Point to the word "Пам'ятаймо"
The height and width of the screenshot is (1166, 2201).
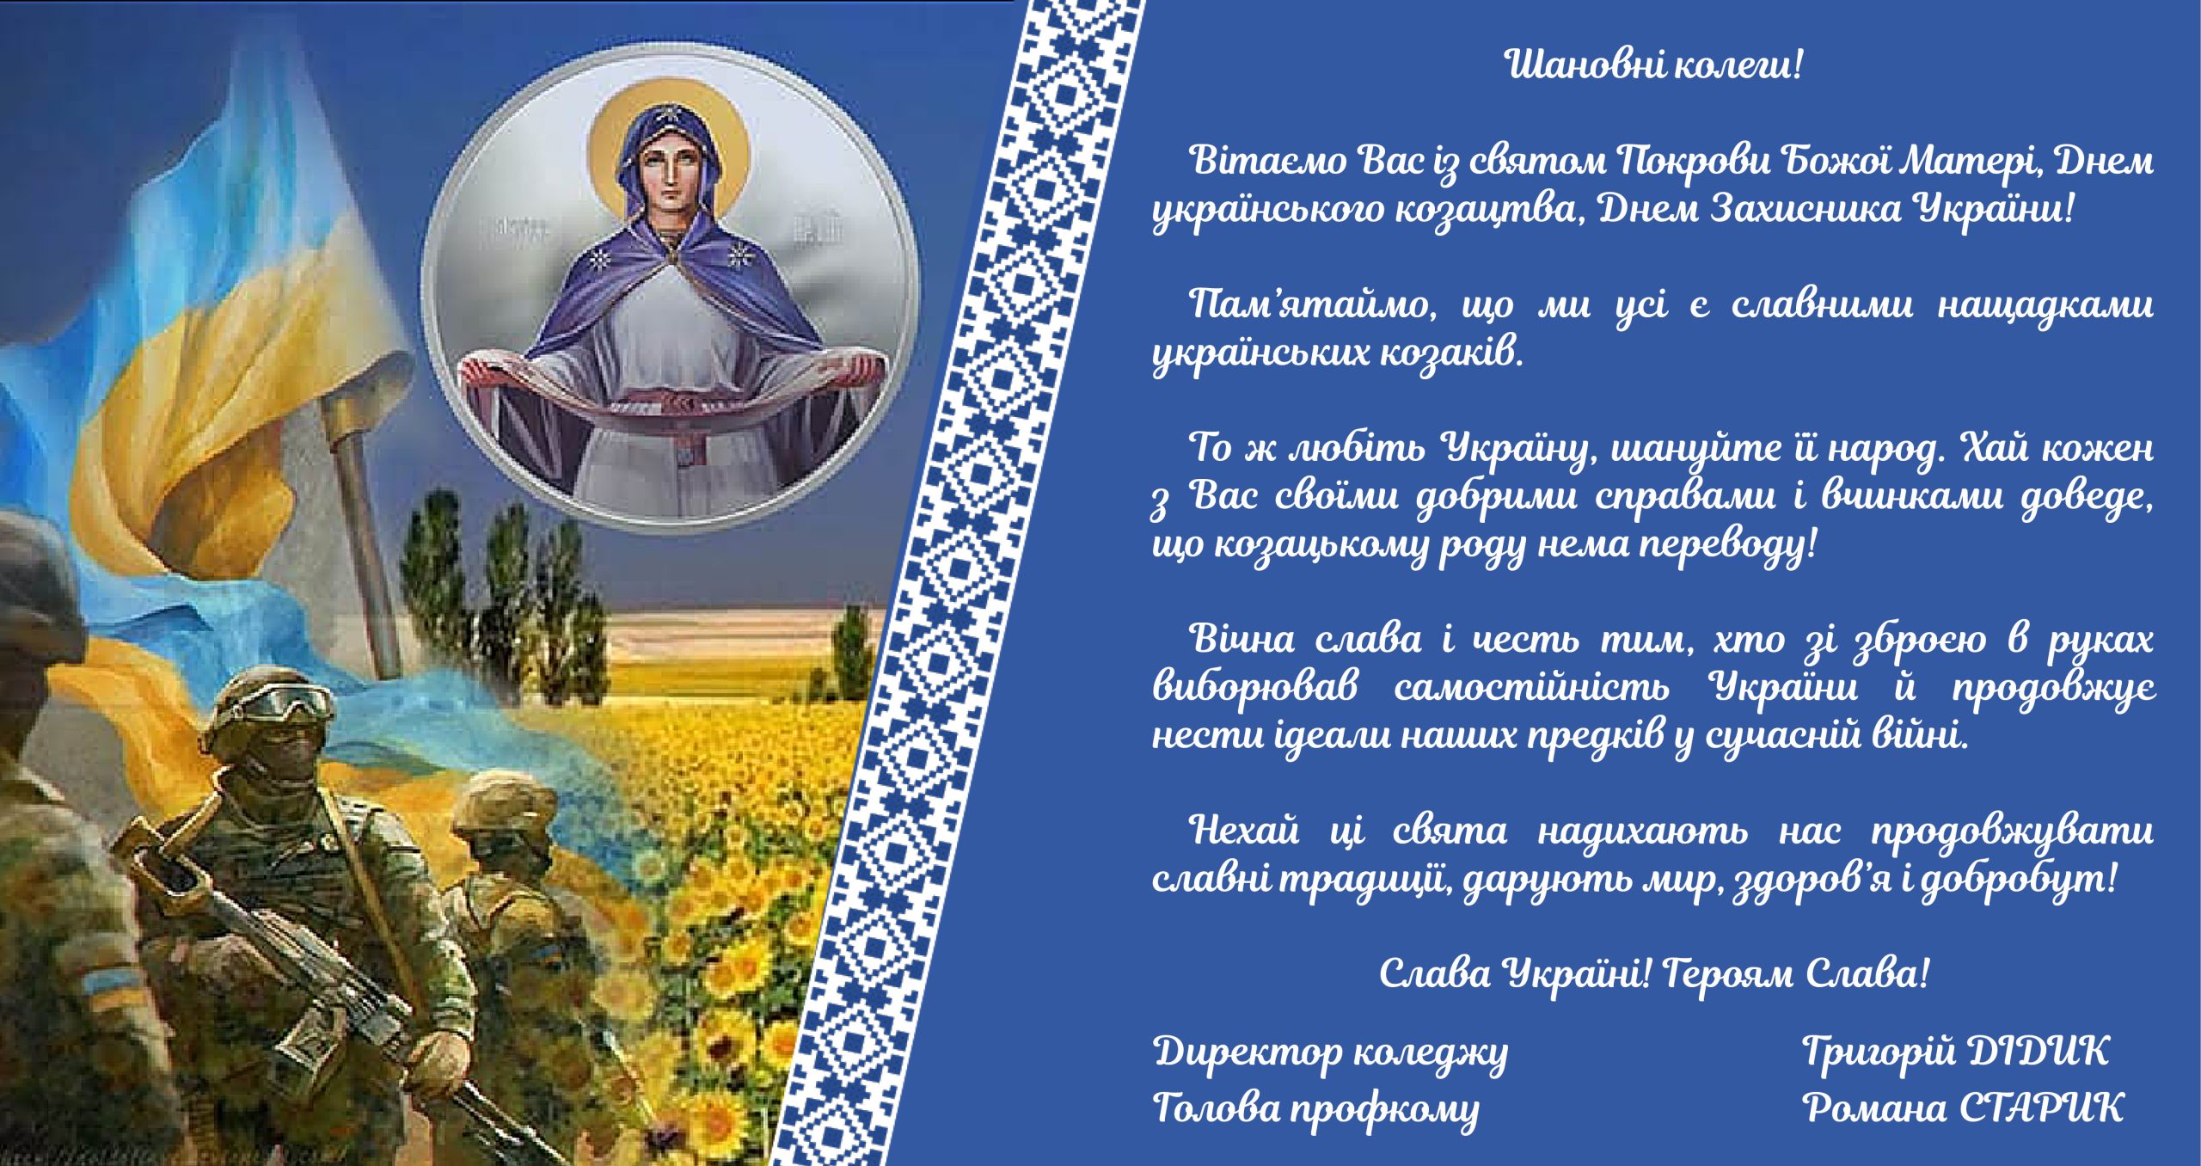coord(1312,305)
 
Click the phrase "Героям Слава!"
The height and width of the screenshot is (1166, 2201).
coord(1796,973)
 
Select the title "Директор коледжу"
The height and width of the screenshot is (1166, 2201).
coord(1331,1052)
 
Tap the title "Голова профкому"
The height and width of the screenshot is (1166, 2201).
coord(1316,1108)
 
